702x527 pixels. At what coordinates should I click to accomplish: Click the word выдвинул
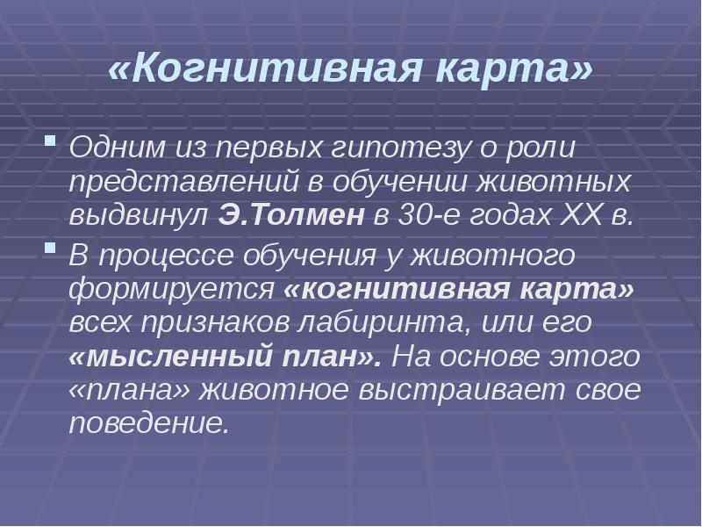pos(137,215)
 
